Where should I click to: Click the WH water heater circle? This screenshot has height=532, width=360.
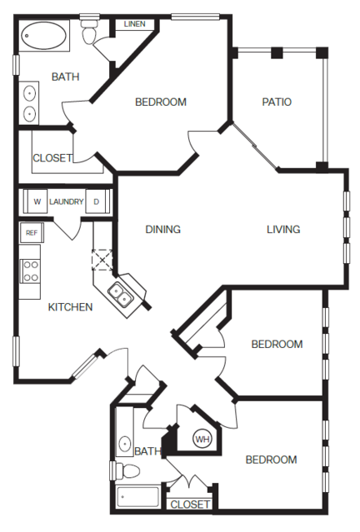coord(202,440)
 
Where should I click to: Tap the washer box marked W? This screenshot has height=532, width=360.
coord(37,201)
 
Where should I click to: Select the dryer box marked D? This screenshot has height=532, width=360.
coord(96,201)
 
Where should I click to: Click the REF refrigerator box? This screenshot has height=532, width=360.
coord(32,233)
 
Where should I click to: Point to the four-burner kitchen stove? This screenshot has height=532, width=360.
coord(30,271)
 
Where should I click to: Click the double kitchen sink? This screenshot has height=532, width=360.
coord(120,295)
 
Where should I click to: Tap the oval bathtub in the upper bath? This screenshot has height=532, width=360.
coord(43,36)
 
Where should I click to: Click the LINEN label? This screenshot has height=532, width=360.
coord(135,24)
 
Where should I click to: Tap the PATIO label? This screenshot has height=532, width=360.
coord(277,102)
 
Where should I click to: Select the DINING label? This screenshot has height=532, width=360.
coord(163,229)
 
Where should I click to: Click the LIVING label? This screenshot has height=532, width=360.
coord(283,229)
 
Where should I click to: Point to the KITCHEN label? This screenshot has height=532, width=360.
coord(70,307)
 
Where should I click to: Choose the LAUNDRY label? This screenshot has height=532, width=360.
coord(67,201)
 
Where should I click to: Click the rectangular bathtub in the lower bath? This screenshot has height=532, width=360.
coord(137,497)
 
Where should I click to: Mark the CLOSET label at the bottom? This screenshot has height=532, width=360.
coord(190,505)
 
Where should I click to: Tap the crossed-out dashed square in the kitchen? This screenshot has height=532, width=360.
coord(102,260)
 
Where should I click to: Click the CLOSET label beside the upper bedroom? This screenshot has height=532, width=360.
coord(52,157)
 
